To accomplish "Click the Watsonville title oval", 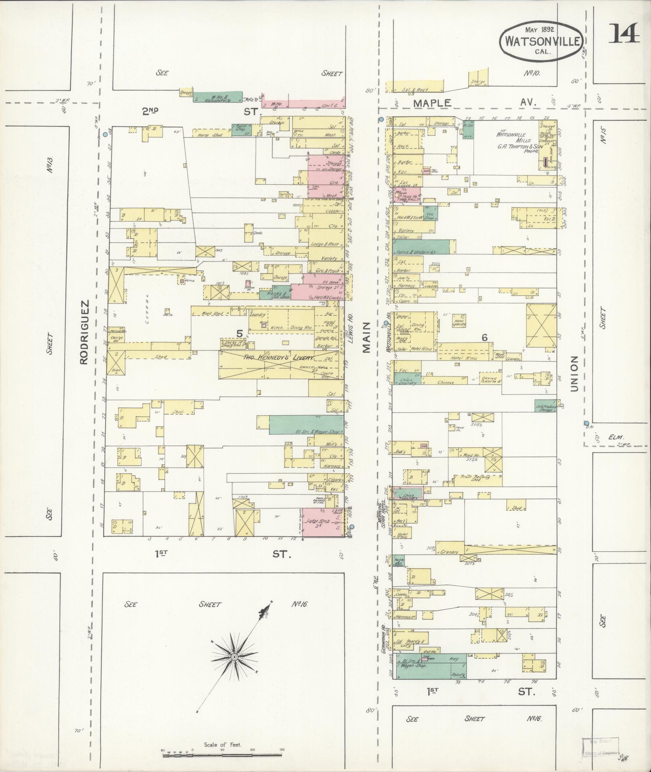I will [x=540, y=41].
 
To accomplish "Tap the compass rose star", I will [x=234, y=657].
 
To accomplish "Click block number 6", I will [x=484, y=338].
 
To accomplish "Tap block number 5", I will [x=240, y=333].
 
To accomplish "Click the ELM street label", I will [x=616, y=437].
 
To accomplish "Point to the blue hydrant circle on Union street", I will [x=586, y=423].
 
